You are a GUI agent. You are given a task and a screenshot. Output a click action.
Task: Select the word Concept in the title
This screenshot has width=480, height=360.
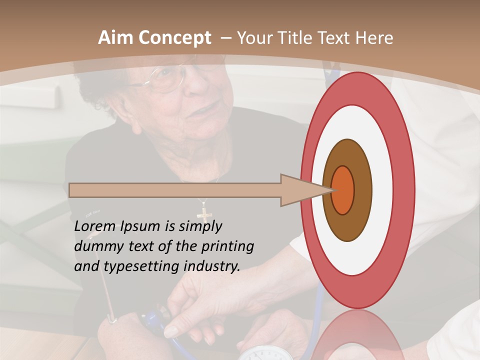(173, 38)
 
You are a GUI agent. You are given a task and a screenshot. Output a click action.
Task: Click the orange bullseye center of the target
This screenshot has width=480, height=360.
(342, 190)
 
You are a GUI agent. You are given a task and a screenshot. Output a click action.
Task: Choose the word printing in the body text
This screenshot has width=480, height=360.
(227, 246)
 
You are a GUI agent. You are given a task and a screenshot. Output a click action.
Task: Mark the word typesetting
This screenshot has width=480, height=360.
(141, 267)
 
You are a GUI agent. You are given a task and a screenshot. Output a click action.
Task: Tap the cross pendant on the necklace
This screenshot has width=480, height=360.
(204, 213)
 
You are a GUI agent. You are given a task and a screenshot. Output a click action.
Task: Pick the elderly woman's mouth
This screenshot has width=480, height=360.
(210, 107)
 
